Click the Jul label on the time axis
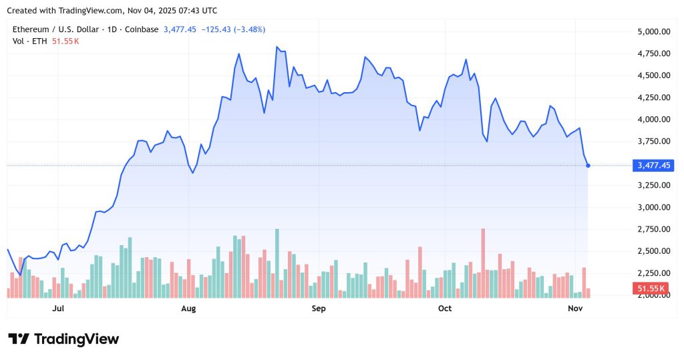(x=58, y=309)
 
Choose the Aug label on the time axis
(x=189, y=309)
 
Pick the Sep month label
(x=319, y=309)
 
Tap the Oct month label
(x=445, y=309)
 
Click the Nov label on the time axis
(x=575, y=309)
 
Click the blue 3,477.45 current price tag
(x=654, y=165)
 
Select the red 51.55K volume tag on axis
(x=651, y=289)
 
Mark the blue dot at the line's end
(x=588, y=165)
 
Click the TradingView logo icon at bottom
(x=19, y=339)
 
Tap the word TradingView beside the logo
(x=76, y=339)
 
